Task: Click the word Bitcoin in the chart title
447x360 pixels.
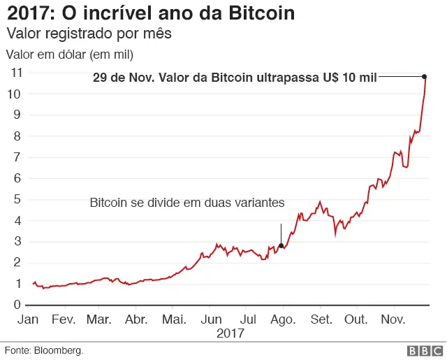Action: click(x=258, y=13)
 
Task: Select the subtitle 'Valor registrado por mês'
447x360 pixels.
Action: click(x=89, y=34)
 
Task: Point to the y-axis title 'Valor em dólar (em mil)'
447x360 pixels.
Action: click(x=69, y=54)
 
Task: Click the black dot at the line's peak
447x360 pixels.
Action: click(x=425, y=76)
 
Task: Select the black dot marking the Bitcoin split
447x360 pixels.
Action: click(x=281, y=245)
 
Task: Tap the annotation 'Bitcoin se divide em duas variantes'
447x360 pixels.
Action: click(x=187, y=203)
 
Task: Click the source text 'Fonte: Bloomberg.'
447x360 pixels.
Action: click(x=44, y=350)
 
